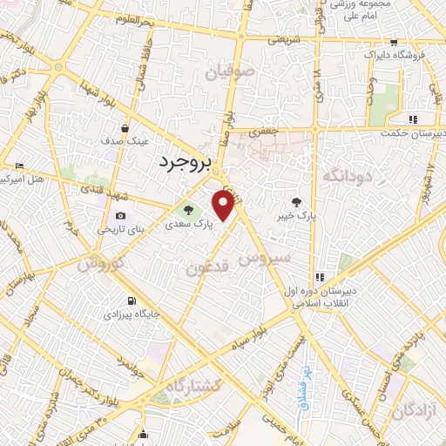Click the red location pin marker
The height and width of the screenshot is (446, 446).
tap(224, 206)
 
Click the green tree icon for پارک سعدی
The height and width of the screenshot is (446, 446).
tap(185, 210)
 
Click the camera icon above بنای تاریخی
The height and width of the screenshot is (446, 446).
tap(120, 216)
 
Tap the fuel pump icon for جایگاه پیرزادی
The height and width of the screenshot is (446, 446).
tap(132, 300)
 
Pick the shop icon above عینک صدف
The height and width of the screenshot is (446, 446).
tap(127, 128)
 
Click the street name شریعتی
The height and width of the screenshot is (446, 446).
tap(287, 40)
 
